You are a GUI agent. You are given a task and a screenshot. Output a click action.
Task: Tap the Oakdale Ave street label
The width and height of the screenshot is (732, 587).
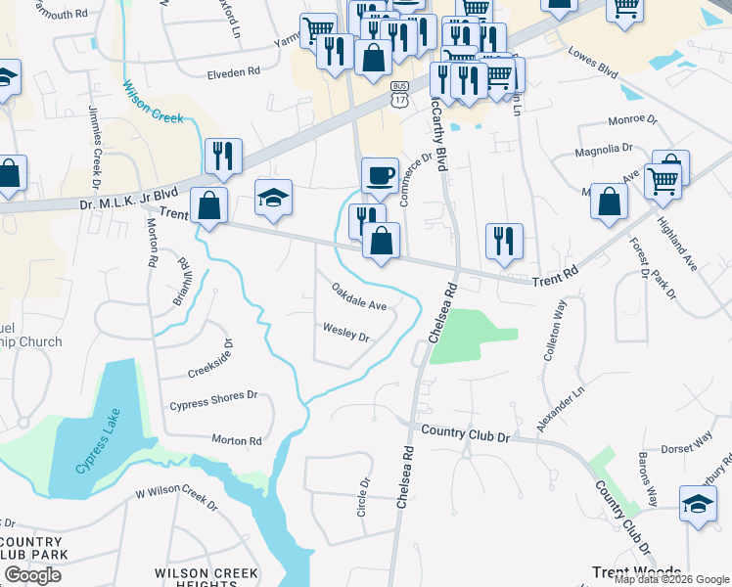point(359,297)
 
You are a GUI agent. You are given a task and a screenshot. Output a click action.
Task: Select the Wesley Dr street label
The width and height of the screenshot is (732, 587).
point(346,335)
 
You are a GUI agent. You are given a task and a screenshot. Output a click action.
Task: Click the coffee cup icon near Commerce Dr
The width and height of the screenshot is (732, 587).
point(380,176)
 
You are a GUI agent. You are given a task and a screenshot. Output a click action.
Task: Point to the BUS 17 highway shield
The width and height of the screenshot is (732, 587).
point(398,95)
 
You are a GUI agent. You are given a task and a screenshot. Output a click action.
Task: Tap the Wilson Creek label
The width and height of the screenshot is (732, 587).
point(154,101)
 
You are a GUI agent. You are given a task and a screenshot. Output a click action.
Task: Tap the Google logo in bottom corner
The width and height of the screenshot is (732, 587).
point(33,575)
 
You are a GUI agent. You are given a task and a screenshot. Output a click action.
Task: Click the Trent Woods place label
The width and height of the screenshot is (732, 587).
point(636,571)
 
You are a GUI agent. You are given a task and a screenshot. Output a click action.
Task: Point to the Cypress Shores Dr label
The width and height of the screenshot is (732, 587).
point(213,399)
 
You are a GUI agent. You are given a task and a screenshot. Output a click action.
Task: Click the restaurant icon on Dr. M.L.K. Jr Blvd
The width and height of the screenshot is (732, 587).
point(223,157)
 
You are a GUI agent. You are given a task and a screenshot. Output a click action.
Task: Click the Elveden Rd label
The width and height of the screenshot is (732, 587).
point(233,72)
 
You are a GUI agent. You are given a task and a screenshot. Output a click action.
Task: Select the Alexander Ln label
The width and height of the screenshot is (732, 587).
point(561,409)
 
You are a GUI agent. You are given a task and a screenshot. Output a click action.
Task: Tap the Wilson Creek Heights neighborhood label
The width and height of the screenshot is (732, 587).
point(206,577)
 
